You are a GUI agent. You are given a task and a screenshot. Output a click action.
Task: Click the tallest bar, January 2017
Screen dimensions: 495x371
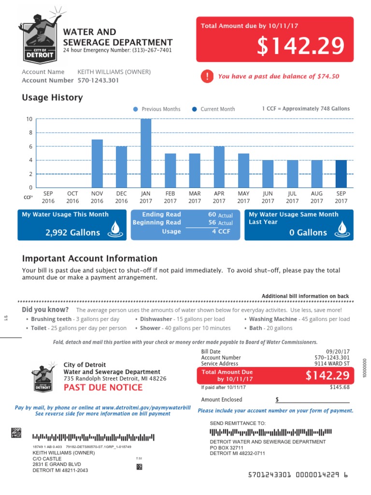click(146, 153)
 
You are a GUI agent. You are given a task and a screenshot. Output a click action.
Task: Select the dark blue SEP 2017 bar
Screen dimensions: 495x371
click(341, 174)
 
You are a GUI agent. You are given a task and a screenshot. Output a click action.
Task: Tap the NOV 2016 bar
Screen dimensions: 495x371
click(97, 163)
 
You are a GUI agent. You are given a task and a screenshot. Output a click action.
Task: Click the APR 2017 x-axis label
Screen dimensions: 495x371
click(219, 197)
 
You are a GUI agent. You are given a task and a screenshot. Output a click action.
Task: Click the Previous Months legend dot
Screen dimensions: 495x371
click(136, 109)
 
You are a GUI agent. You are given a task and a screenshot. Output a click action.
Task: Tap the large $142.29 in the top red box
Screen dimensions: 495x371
click(300, 46)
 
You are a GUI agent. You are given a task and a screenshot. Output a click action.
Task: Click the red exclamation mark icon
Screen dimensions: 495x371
click(207, 76)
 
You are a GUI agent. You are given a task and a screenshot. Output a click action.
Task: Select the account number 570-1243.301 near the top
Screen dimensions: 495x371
click(98, 80)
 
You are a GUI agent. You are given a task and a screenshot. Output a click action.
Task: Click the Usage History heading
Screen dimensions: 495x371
click(52, 98)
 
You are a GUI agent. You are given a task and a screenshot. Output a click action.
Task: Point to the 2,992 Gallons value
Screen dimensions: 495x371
click(73, 233)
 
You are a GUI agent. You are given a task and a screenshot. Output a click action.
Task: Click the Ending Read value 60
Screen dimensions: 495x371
click(212, 214)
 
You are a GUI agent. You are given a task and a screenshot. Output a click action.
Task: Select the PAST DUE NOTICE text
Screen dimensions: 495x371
click(103, 387)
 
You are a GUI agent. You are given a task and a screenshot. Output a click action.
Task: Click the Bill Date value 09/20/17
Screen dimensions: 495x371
click(338, 351)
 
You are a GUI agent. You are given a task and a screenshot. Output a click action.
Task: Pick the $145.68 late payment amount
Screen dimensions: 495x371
click(340, 387)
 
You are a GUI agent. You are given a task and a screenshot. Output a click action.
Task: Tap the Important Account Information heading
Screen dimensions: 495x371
click(90, 259)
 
